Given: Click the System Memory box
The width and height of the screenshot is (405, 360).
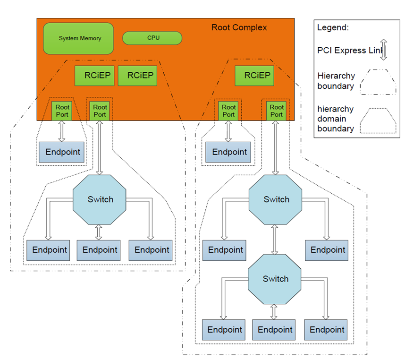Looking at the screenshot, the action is tap(78, 39).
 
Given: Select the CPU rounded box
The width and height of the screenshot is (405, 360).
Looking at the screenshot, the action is tap(152, 38).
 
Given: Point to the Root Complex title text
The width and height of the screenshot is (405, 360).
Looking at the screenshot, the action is tap(239, 27).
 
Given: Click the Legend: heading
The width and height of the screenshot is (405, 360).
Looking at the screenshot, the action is tap(333, 27).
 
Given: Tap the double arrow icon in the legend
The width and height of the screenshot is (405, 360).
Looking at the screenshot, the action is tap(384, 50).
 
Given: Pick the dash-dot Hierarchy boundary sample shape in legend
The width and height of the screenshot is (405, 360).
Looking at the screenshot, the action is tap(378, 82).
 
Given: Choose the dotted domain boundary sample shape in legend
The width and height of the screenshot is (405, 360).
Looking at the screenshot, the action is tap(378, 120).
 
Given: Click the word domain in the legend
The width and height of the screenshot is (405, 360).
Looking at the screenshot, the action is tap(332, 119).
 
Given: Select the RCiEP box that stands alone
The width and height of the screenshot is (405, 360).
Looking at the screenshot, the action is tap(254, 76).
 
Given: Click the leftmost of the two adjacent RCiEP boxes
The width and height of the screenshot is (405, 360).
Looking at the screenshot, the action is tap(94, 76).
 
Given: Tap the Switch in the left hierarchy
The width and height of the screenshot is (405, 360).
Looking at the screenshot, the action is tap(100, 199).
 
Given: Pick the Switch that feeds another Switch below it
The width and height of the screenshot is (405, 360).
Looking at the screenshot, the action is tap(275, 199).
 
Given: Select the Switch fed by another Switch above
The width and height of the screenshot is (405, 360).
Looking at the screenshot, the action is tap(275, 279).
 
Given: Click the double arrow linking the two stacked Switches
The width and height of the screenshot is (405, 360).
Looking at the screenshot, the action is tap(275, 240).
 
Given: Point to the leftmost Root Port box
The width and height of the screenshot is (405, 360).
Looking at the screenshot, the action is tap(62, 111).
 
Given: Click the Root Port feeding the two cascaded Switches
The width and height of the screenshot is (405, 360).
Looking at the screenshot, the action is tap(276, 111).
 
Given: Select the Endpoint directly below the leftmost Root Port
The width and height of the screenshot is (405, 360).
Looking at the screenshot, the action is tap(61, 152).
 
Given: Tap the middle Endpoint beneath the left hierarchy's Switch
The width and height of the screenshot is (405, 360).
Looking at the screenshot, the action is tap(99, 250).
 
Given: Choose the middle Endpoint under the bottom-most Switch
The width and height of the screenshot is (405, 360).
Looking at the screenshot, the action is tap(274, 330).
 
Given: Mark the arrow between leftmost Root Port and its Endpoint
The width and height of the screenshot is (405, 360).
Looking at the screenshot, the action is tap(61, 131).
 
